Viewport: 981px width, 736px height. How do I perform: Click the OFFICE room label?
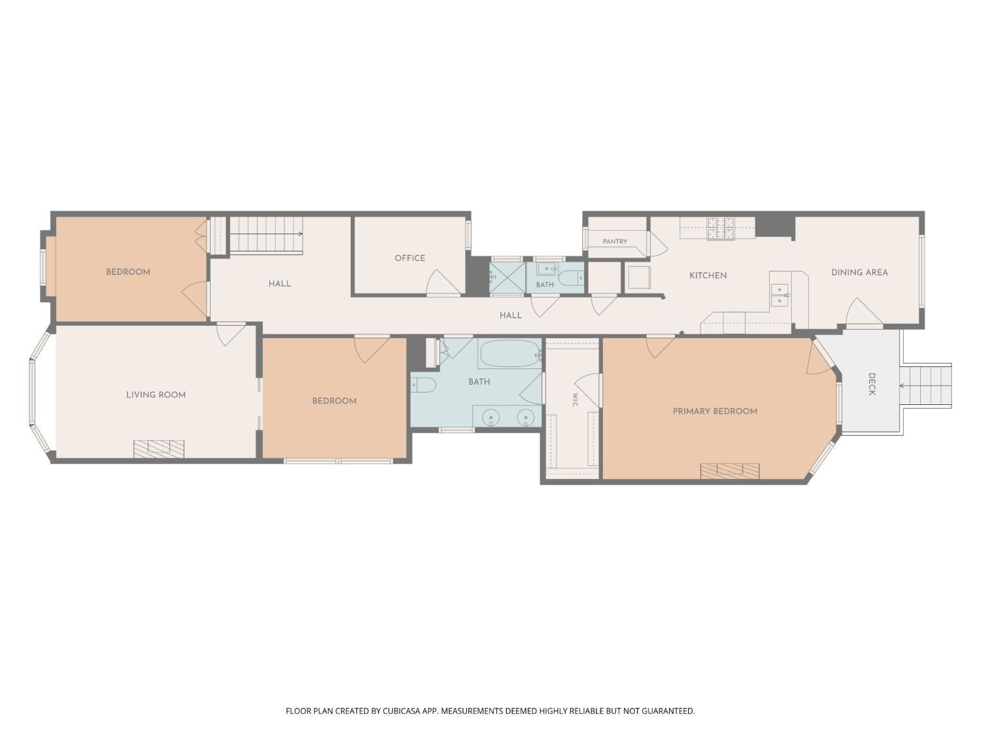(x=409, y=258)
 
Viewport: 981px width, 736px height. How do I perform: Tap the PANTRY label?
(x=615, y=241)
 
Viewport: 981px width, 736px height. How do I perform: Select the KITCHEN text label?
(x=708, y=275)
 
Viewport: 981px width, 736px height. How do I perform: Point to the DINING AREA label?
(x=859, y=272)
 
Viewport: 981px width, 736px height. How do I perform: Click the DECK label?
(x=872, y=384)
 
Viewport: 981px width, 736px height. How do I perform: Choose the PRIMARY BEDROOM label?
(x=715, y=411)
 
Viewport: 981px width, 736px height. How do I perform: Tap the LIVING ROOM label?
(x=156, y=394)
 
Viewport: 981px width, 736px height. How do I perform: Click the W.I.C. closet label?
(x=575, y=400)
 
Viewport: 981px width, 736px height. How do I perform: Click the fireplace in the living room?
(x=159, y=449)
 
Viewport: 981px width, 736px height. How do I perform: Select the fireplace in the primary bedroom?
(x=729, y=471)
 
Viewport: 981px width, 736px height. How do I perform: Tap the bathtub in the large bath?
(x=510, y=353)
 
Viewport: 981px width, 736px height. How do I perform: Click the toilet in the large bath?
(x=422, y=385)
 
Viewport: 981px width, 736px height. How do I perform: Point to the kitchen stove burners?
(x=721, y=228)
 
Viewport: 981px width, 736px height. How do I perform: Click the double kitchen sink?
(x=780, y=296)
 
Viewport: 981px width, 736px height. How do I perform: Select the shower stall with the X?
(x=508, y=277)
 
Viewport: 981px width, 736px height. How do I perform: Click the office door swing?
(x=443, y=282)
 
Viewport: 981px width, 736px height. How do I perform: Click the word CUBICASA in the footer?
(x=402, y=710)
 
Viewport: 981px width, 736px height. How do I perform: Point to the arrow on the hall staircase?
(x=266, y=234)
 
